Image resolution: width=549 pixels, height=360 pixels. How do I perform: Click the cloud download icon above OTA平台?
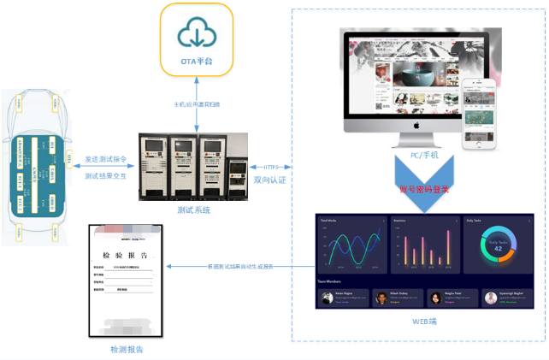pyautogui.click(x=197, y=33)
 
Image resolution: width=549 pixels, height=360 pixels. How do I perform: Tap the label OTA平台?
pyautogui.click(x=197, y=61)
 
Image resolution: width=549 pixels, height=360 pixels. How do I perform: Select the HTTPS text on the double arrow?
pyautogui.click(x=271, y=167)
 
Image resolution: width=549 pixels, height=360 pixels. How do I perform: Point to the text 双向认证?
pyautogui.click(x=271, y=180)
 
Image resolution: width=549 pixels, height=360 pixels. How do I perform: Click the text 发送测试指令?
pyautogui.click(x=106, y=158)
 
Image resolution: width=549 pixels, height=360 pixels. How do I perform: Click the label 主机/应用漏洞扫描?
pyautogui.click(x=197, y=104)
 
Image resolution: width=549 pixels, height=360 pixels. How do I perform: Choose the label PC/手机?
pyautogui.click(x=424, y=155)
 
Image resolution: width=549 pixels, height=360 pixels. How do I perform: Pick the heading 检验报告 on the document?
pyautogui.click(x=126, y=255)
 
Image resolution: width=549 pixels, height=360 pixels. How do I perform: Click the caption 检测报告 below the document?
pyautogui.click(x=127, y=349)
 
